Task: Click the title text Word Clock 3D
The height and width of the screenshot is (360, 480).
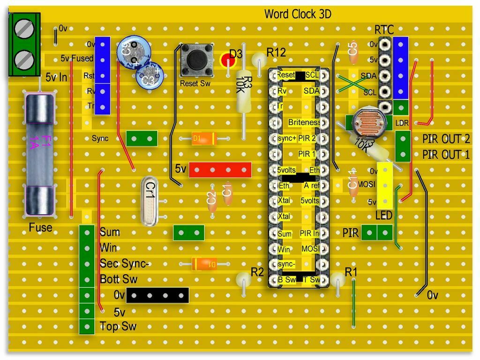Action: coord(298,14)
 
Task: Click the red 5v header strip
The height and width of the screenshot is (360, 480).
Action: coord(220,170)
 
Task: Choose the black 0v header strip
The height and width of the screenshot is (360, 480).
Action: coord(157,295)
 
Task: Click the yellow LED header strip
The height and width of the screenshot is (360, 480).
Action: coord(385,186)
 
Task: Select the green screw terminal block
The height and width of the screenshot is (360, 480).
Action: coord(24,45)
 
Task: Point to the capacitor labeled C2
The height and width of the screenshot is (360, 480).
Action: coord(212,200)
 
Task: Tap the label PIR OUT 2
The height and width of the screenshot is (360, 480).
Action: coord(446,139)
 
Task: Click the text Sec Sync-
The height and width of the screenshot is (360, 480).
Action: coord(124,264)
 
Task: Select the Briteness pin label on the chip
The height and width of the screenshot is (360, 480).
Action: coord(304,123)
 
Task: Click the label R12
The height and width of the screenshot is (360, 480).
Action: coord(276,52)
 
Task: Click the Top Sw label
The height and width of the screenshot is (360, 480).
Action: coord(118,326)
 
